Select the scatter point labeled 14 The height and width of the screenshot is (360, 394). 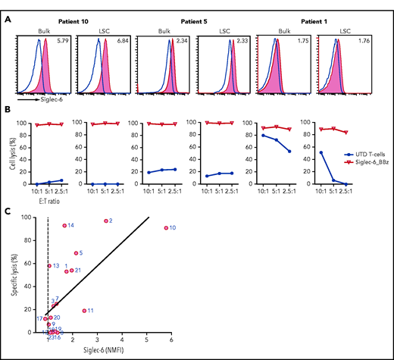[64, 226]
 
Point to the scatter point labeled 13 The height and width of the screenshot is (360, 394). [49, 266]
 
